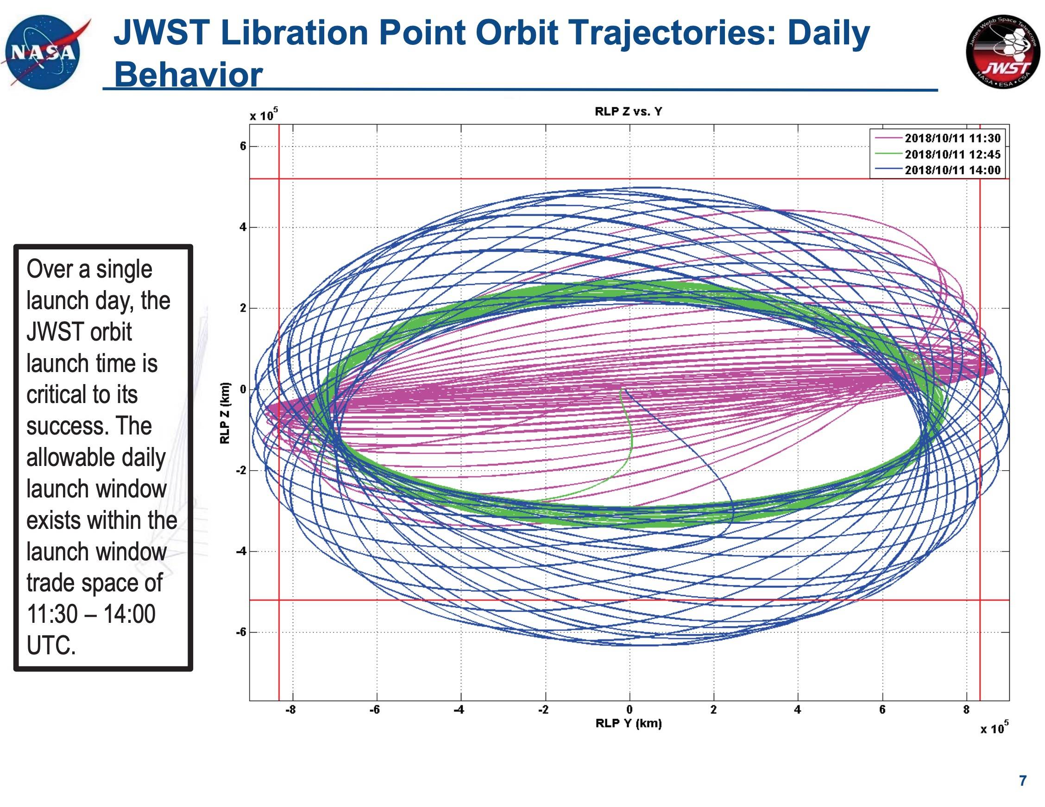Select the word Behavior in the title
click(x=189, y=75)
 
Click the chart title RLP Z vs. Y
click(x=628, y=112)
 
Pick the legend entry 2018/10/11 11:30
click(x=952, y=139)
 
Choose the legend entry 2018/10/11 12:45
click(x=952, y=155)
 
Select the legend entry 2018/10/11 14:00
click(x=952, y=170)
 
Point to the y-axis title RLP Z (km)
click(x=224, y=413)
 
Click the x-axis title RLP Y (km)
click(x=628, y=723)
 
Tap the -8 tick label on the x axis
click(x=290, y=710)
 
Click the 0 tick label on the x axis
click(x=629, y=710)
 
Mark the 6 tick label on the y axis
click(x=243, y=146)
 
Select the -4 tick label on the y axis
click(x=241, y=551)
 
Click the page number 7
click(x=1023, y=780)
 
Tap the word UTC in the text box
click(x=50, y=646)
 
